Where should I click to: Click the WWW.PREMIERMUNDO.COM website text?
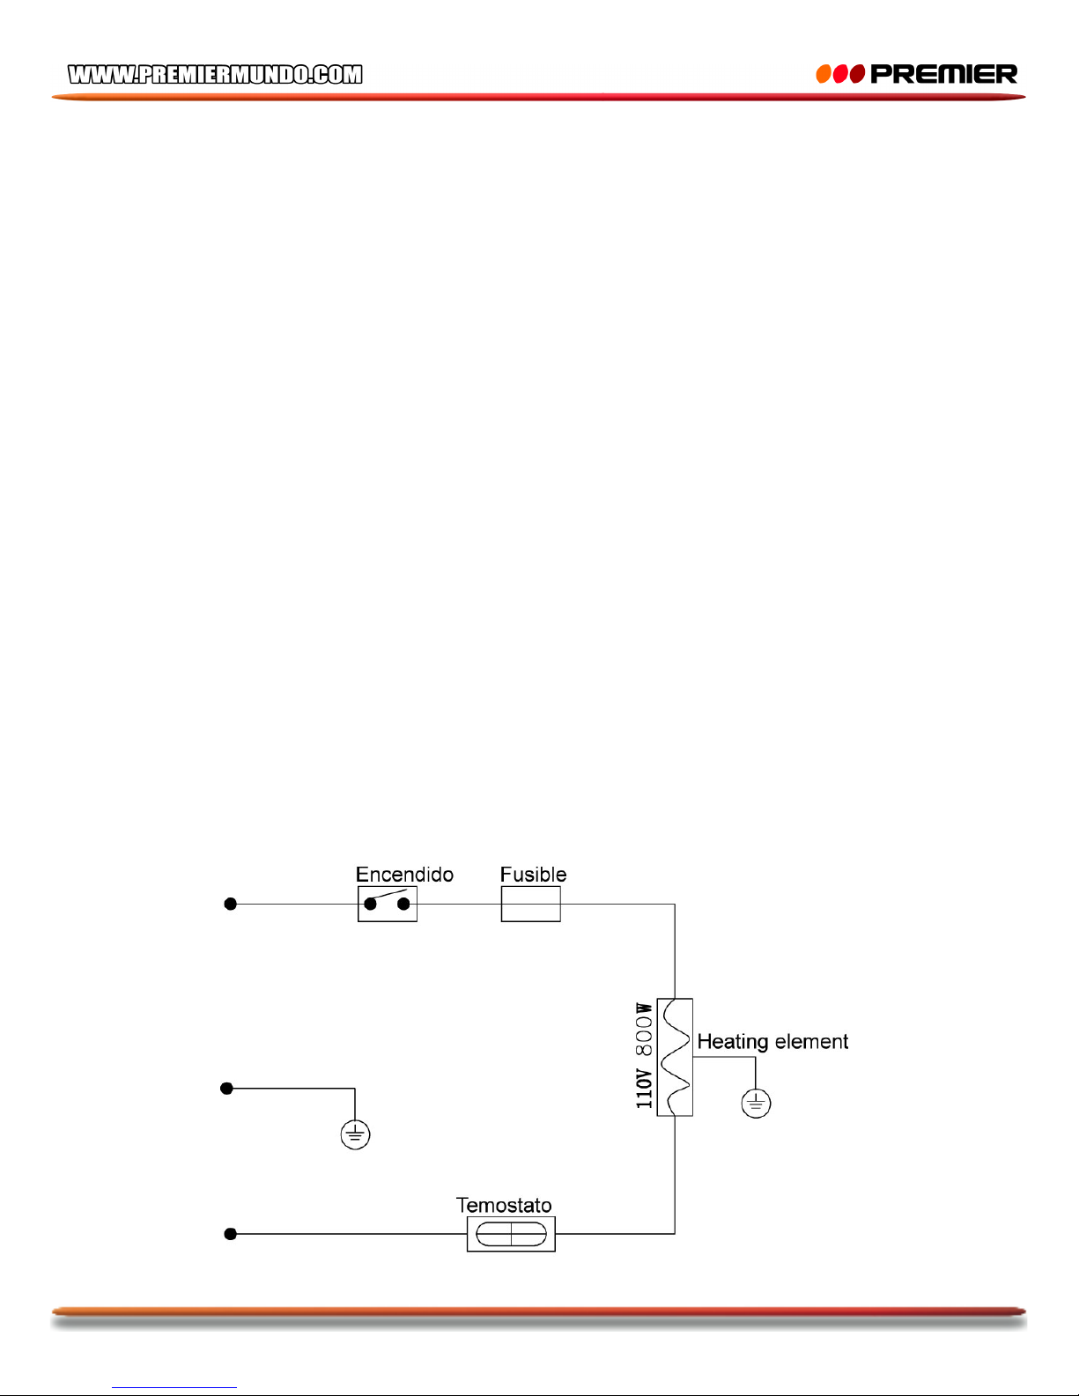(x=215, y=75)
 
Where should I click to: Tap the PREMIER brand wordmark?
(x=943, y=74)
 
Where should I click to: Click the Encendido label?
(x=404, y=875)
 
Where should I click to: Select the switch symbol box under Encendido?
(x=388, y=904)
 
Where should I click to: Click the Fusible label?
(x=533, y=875)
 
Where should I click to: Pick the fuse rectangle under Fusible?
(x=530, y=904)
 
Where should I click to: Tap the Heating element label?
(x=772, y=1042)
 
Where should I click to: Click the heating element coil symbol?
(x=675, y=1057)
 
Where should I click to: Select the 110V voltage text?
(x=645, y=1089)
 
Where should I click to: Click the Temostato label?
(x=504, y=1205)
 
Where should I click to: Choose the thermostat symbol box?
(x=511, y=1234)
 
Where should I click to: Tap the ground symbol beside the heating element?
(x=756, y=1103)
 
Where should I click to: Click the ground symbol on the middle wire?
(x=355, y=1134)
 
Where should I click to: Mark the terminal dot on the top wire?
(x=231, y=904)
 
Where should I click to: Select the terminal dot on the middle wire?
(x=226, y=1089)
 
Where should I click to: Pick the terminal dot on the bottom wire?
(x=231, y=1234)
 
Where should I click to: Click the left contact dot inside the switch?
(x=371, y=904)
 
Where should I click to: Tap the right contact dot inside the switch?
(x=404, y=904)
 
